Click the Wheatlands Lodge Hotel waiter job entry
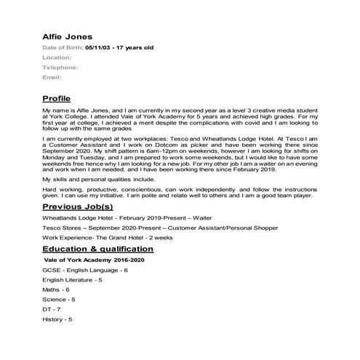click(127, 217)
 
